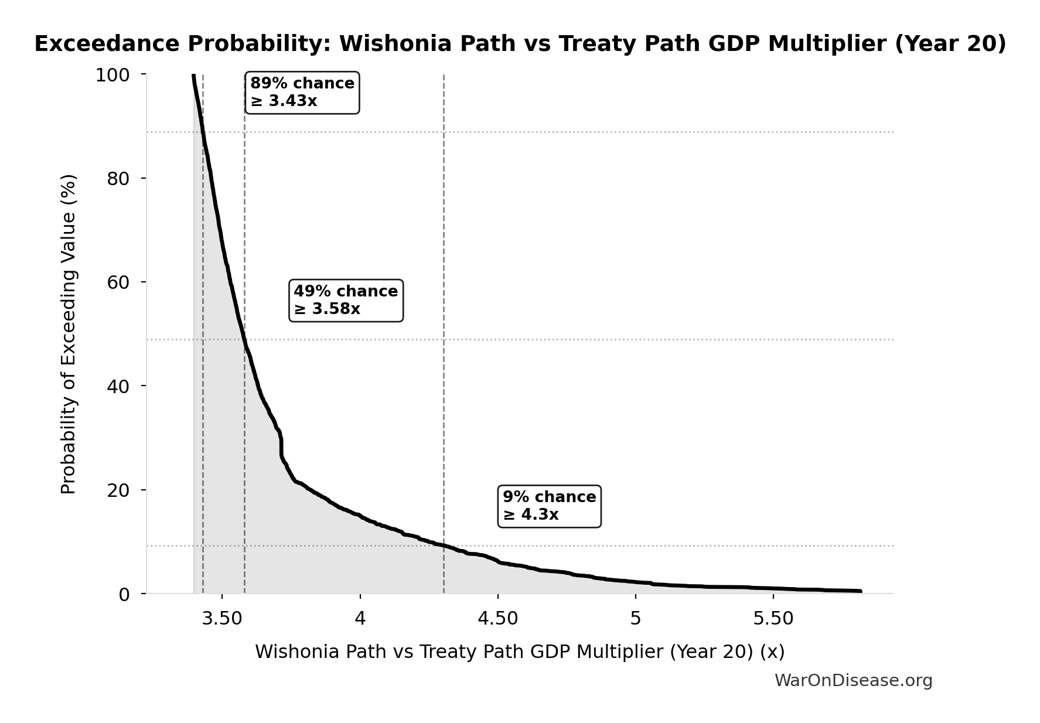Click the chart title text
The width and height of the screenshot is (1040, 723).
[x=520, y=44]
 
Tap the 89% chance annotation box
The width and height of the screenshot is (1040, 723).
[x=302, y=93]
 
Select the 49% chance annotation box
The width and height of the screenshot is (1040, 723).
[x=346, y=300]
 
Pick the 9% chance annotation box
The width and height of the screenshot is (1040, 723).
[x=549, y=506]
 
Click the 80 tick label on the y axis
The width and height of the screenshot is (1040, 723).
[x=118, y=179]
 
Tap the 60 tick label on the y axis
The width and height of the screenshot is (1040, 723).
[x=118, y=282]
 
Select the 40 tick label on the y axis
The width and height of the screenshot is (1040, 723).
[x=118, y=386]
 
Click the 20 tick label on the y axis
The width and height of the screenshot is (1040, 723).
[x=118, y=490]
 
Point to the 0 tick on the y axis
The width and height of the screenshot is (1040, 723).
[x=124, y=594]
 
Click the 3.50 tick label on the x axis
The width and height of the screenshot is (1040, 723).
[x=222, y=619]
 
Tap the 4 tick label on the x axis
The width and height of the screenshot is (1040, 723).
[x=360, y=619]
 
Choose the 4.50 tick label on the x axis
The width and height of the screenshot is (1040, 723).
[x=498, y=619]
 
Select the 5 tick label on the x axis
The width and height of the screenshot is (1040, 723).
[x=636, y=619]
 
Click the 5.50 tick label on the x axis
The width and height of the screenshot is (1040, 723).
[x=773, y=619]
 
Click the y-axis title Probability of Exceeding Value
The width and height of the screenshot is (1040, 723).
[x=69, y=334]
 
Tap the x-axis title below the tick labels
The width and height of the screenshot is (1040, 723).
[x=520, y=652]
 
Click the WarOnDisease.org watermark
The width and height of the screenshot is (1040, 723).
[x=853, y=681]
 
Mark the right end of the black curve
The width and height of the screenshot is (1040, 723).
[x=860, y=591]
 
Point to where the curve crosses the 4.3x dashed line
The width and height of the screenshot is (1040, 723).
[x=444, y=545]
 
